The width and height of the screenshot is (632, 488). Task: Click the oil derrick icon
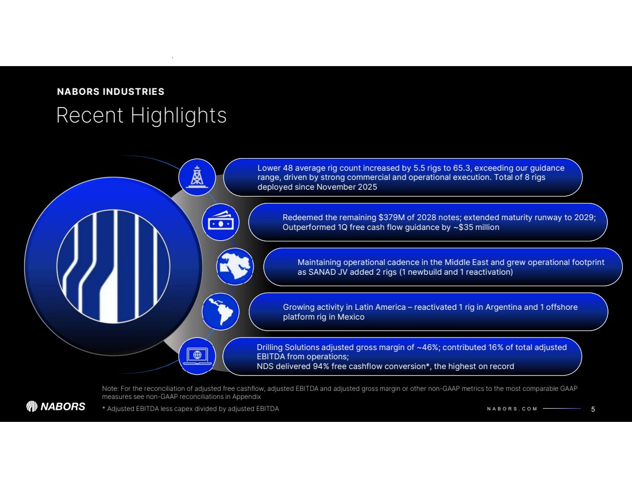[197, 178]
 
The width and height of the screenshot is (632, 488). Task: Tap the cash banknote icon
[221, 222]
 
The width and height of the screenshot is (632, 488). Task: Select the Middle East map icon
[235, 267]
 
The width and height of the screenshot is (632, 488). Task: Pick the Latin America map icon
[220, 312]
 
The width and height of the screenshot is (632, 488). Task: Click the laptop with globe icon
[197, 356]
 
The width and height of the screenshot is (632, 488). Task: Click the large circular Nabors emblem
[113, 267]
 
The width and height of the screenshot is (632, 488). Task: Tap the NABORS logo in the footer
[56, 406]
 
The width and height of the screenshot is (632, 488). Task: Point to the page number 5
[593, 409]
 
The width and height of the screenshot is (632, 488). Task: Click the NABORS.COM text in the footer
[512, 409]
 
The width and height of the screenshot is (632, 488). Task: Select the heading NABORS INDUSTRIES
[111, 91]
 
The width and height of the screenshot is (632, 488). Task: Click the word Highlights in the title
[179, 116]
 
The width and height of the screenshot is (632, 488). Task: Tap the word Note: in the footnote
[110, 389]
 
